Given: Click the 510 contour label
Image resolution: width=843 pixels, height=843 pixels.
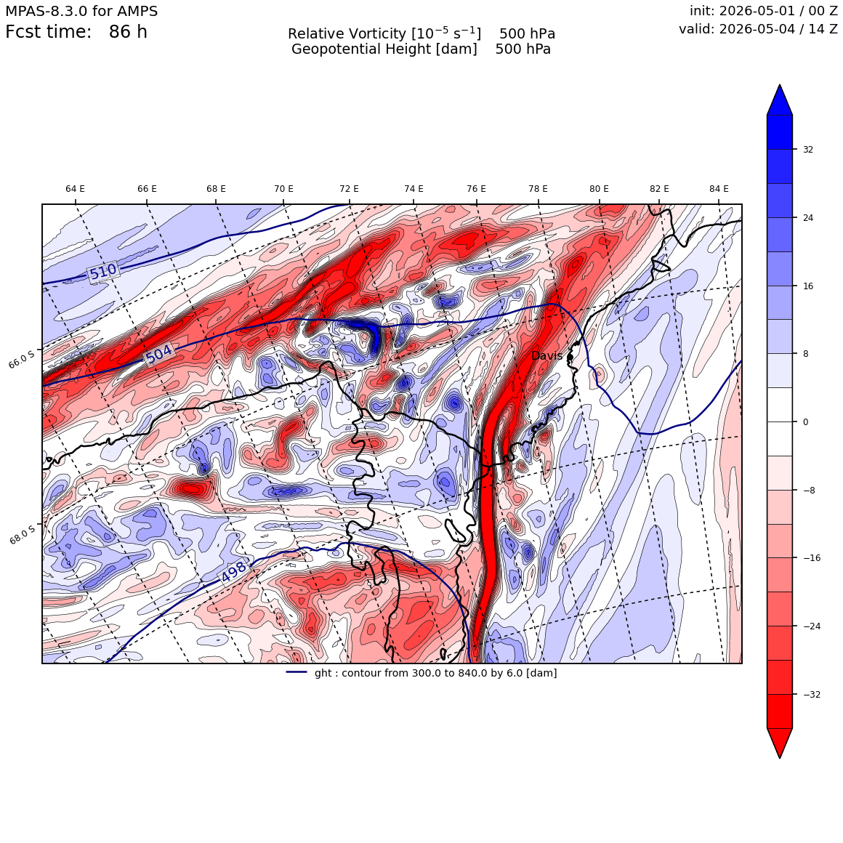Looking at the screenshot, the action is pyautogui.click(x=102, y=272).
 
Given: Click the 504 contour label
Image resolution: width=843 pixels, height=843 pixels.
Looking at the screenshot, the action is pyautogui.click(x=159, y=355).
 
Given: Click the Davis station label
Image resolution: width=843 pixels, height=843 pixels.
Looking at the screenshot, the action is pyautogui.click(x=546, y=356).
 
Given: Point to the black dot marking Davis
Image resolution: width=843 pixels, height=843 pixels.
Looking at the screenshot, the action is pyautogui.click(x=570, y=356).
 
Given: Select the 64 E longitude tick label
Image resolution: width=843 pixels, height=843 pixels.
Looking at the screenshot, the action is pyautogui.click(x=76, y=189).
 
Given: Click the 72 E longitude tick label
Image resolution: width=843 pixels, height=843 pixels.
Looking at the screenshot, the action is pyautogui.click(x=349, y=189).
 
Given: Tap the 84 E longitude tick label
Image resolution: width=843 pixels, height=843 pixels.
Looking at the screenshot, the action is pyautogui.click(x=719, y=189).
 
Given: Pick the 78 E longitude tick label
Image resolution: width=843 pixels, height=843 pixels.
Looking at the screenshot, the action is pyautogui.click(x=538, y=189).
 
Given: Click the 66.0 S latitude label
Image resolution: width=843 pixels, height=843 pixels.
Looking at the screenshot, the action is pyautogui.click(x=22, y=358).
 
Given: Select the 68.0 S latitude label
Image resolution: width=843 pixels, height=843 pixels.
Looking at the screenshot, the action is pyautogui.click(x=23, y=534).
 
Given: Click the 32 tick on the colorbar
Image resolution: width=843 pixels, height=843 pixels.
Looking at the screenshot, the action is pyautogui.click(x=808, y=150).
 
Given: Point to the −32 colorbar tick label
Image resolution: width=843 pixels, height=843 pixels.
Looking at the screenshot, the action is pyautogui.click(x=812, y=695).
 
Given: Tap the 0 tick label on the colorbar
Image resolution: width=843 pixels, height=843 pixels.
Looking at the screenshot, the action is pyautogui.click(x=805, y=422).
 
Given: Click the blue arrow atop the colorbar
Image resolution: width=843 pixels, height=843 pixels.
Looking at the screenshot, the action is pyautogui.click(x=780, y=100).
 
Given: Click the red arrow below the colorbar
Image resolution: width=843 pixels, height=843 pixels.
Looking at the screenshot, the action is pyautogui.click(x=780, y=743).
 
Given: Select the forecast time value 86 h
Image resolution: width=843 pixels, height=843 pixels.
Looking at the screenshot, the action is pyautogui.click(x=128, y=32).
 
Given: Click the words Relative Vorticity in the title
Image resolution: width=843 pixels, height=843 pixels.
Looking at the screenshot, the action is pyautogui.click(x=347, y=34).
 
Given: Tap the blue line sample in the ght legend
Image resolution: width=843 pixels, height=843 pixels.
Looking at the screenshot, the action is pyautogui.click(x=297, y=672).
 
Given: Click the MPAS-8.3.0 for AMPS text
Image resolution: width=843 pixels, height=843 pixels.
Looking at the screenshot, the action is pyautogui.click(x=81, y=12).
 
